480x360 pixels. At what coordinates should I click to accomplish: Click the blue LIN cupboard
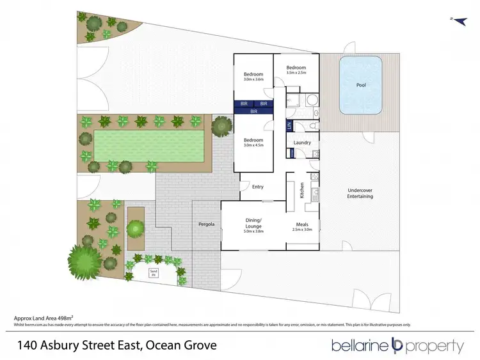click(289, 125)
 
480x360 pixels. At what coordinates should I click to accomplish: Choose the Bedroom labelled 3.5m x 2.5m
click(296, 70)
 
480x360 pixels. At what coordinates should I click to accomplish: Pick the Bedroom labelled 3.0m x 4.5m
click(253, 142)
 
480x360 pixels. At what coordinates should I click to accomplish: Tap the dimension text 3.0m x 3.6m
click(253, 80)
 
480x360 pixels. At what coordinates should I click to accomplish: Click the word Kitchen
click(302, 190)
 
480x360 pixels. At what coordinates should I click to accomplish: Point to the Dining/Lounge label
click(253, 223)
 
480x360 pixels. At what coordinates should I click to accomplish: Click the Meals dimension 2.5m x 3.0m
click(303, 230)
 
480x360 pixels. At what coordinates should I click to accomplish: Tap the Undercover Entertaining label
click(360, 193)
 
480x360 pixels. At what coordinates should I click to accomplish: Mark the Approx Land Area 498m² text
click(40, 318)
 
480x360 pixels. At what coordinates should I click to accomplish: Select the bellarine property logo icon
click(396, 346)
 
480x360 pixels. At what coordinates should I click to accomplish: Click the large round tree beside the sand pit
click(84, 262)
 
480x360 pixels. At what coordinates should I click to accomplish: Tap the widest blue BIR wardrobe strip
click(253, 111)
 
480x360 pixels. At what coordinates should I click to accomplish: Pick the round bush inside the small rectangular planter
click(135, 228)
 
